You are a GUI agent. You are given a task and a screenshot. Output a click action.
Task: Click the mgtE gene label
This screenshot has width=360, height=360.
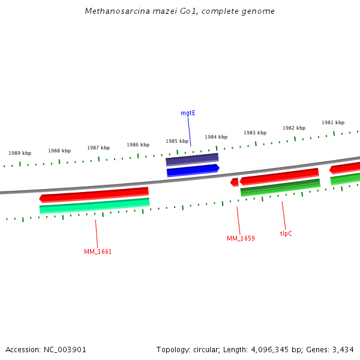point(188,113)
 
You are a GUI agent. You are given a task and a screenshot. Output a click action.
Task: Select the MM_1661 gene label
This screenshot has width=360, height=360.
point(98,252)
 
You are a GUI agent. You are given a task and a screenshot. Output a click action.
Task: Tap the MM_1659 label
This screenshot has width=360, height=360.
point(241,239)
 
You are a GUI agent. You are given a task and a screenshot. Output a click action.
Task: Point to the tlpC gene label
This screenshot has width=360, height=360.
point(286,233)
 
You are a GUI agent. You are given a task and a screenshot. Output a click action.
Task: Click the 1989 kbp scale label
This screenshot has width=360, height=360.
point(20,154)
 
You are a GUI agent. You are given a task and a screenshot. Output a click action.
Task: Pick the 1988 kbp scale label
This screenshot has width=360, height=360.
point(59,151)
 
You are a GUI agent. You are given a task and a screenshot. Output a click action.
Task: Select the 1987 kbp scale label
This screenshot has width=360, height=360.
point(98,148)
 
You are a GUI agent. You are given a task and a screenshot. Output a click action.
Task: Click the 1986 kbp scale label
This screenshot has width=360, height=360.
point(138,145)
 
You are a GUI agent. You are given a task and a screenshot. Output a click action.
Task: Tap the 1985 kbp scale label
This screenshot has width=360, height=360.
point(177,141)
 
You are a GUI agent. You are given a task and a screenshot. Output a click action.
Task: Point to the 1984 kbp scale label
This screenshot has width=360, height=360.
point(216,137)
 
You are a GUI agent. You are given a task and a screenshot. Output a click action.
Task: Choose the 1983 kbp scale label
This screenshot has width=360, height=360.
point(255,133)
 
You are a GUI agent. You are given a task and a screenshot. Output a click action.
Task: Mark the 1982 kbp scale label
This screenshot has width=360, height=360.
point(294,128)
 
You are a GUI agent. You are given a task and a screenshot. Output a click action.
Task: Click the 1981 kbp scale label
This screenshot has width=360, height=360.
point(333,122)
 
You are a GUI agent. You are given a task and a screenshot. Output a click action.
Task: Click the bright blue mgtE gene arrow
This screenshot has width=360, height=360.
point(193,171)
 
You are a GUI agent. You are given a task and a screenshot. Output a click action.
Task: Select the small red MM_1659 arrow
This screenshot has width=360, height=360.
point(235,182)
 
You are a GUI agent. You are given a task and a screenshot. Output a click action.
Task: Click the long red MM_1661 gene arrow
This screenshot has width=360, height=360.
point(94,194)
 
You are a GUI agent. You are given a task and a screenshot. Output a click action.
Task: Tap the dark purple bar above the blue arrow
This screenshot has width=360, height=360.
point(192,160)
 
